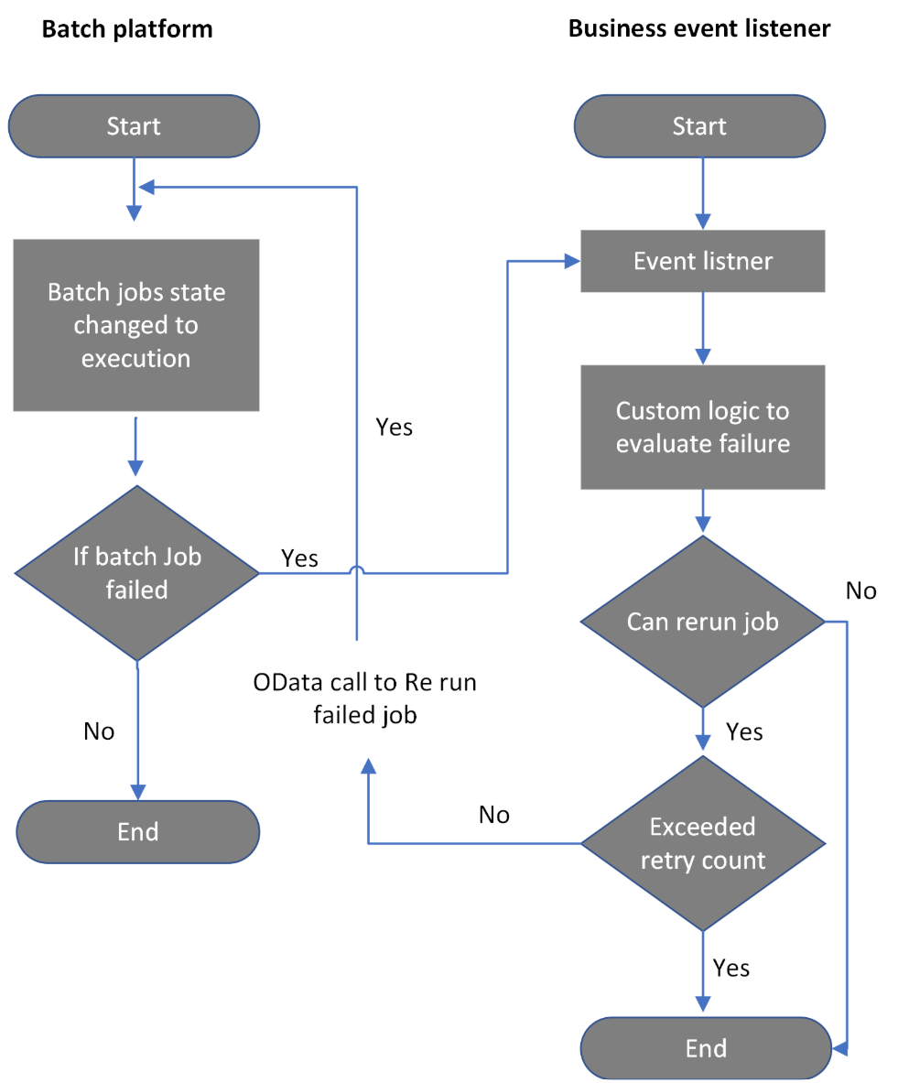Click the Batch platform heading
pos(127,28)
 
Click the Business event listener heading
pos(699,28)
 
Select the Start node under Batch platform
pos(134,126)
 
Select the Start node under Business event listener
pos(700,126)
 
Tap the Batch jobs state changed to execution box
pos(136,325)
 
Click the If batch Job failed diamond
pos(137,573)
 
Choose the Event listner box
pos(703,262)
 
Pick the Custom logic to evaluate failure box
pos(703,427)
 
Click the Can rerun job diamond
pos(703,622)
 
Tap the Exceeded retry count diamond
pos(703,843)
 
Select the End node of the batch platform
pos(138,831)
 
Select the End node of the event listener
pos(706,1047)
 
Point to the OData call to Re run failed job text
pos(364,699)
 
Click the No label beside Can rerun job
pos(860,590)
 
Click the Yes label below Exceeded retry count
pos(731,968)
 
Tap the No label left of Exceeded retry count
pos(493,815)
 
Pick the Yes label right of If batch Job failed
pos(299,558)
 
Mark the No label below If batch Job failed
pos(99,731)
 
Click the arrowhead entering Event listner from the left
pos(573,262)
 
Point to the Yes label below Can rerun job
pos(744,731)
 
